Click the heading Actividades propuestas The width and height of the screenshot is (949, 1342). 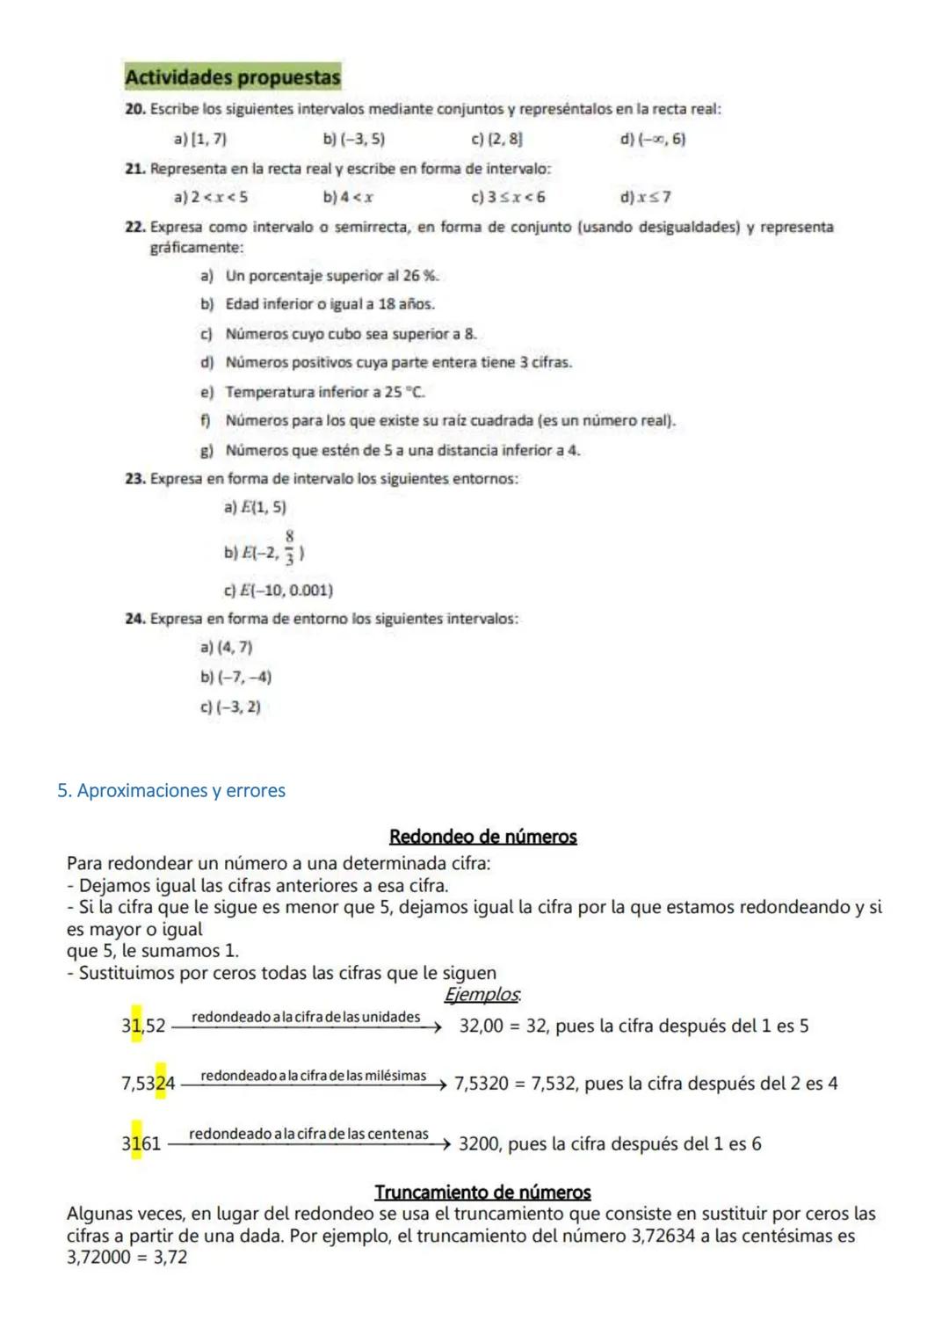(232, 77)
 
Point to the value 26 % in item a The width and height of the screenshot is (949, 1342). (420, 276)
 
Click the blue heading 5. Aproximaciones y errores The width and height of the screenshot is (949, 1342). (171, 791)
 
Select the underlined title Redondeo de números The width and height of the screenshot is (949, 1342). (482, 837)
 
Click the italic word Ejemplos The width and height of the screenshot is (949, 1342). (482, 995)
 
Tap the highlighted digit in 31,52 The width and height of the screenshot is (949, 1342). (136, 1025)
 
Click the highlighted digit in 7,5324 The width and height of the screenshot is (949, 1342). (161, 1084)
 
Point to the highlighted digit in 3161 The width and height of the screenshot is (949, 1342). (136, 1143)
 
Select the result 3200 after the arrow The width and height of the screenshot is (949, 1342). (479, 1144)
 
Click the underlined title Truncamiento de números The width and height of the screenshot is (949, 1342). (482, 1193)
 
